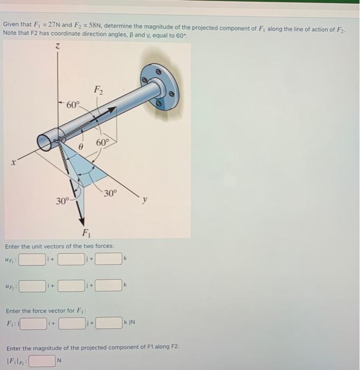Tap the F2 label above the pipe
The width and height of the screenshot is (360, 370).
(x=98, y=89)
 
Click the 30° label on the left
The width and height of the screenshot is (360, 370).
(x=63, y=201)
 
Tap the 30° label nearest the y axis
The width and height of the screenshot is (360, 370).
(x=109, y=193)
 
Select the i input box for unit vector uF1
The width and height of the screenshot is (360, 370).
(x=33, y=260)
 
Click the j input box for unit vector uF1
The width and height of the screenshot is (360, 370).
(x=71, y=260)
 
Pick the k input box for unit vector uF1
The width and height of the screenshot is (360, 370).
(x=108, y=260)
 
